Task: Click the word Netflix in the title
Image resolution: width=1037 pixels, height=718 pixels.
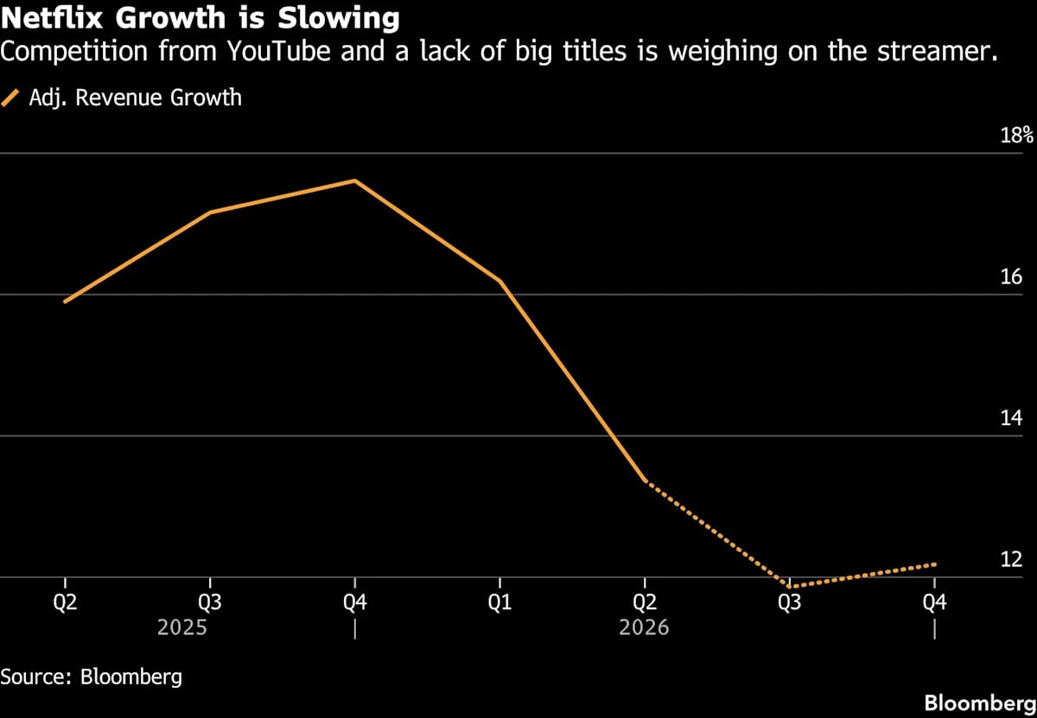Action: pyautogui.click(x=52, y=18)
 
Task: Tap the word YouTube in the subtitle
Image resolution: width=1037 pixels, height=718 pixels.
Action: pyautogui.click(x=279, y=51)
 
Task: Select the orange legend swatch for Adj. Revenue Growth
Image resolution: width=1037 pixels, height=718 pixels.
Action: pyautogui.click(x=10, y=98)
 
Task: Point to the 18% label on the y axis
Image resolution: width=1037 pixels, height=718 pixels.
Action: pyautogui.click(x=1016, y=135)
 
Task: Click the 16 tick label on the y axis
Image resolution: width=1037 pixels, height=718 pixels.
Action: pyautogui.click(x=1011, y=276)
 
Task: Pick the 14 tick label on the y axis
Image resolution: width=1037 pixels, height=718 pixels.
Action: pyautogui.click(x=1011, y=418)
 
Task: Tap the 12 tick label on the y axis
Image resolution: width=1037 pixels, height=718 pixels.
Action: pyautogui.click(x=1011, y=559)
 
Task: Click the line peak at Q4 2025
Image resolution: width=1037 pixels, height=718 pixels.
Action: pyautogui.click(x=355, y=181)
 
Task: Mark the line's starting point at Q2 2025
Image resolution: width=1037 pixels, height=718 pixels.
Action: pyautogui.click(x=66, y=302)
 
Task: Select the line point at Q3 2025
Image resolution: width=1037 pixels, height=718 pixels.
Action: pyautogui.click(x=210, y=213)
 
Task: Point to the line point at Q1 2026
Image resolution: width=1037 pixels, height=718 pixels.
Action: pyautogui.click(x=500, y=281)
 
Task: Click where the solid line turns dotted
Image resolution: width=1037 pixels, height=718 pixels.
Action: pyautogui.click(x=646, y=481)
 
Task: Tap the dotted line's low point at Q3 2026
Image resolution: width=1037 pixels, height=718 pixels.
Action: pyautogui.click(x=790, y=587)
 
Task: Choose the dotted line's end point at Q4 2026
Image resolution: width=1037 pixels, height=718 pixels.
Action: pyautogui.click(x=935, y=564)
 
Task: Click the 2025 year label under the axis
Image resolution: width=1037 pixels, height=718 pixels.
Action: pyautogui.click(x=182, y=628)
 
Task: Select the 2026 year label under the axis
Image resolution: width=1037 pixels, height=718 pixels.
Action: pyautogui.click(x=644, y=628)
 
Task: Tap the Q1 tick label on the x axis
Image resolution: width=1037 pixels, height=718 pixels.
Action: pyautogui.click(x=500, y=602)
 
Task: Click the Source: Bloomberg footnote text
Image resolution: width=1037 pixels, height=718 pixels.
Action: pyautogui.click(x=92, y=677)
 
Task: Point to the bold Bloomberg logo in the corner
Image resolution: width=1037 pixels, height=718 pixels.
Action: pyautogui.click(x=980, y=703)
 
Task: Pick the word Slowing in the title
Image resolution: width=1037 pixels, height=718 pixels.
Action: pyautogui.click(x=339, y=19)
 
